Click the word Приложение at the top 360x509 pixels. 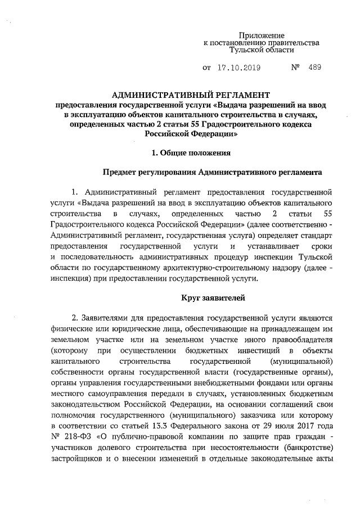pos(262,35)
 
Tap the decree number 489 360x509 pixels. pos(315,69)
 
